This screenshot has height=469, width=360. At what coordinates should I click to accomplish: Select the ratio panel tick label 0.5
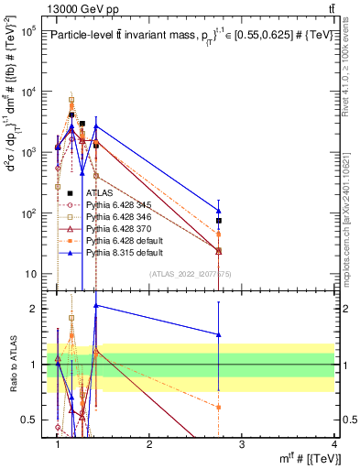click(28, 420)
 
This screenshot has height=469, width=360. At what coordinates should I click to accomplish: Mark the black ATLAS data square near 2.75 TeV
click(219, 221)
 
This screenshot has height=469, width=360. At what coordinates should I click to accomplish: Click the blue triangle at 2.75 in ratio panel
click(219, 334)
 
